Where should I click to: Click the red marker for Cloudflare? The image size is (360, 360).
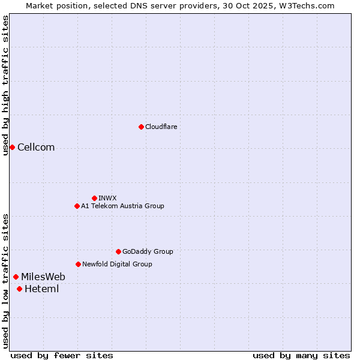(x=141, y=127)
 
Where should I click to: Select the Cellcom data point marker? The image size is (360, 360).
(x=12, y=147)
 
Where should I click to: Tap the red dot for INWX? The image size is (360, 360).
(x=94, y=198)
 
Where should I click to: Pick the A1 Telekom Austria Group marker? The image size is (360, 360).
(x=77, y=206)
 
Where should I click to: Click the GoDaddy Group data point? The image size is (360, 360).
(x=118, y=251)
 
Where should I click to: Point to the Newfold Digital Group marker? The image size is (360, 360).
(x=78, y=264)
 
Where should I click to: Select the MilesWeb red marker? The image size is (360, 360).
(x=16, y=277)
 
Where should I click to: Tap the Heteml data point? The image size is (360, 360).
(x=19, y=289)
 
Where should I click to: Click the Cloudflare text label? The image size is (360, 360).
(x=161, y=127)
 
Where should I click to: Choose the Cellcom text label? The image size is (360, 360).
(x=36, y=148)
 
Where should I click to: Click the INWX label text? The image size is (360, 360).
(x=107, y=198)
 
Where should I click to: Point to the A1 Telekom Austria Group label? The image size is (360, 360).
(x=122, y=206)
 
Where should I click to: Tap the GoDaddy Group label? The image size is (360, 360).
(x=148, y=251)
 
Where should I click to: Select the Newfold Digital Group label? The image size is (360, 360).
(x=117, y=264)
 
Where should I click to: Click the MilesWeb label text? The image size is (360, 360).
(x=43, y=277)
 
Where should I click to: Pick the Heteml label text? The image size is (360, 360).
(x=41, y=289)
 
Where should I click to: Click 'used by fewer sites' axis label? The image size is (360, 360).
(x=62, y=355)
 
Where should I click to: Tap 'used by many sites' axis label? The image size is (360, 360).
(x=301, y=355)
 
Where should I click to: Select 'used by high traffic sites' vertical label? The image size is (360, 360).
(x=5, y=85)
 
